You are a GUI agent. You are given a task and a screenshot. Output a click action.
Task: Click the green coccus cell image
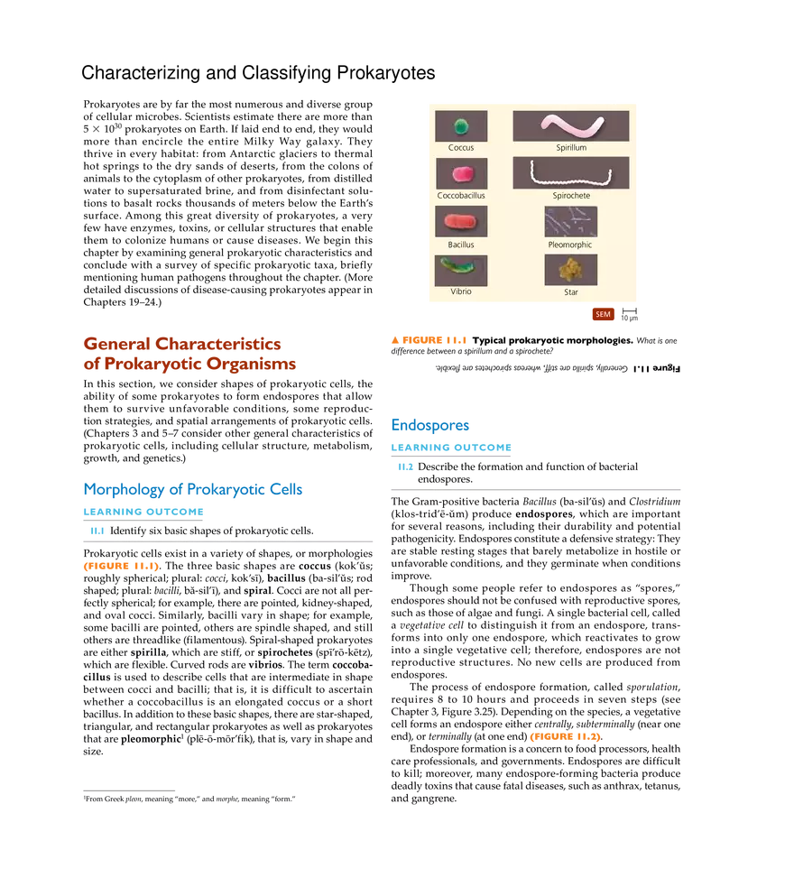pos(461,126)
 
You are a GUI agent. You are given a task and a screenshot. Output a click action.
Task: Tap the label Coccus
pos(461,148)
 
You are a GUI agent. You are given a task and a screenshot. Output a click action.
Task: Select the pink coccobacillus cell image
pos(461,173)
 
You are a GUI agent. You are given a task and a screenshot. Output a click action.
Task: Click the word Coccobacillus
pos(461,196)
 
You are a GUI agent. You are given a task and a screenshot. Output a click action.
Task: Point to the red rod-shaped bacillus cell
pos(461,221)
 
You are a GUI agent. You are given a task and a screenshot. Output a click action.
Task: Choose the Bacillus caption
pos(461,245)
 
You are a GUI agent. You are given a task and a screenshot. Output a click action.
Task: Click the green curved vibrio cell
pos(461,269)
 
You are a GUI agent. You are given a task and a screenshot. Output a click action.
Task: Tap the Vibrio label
pos(461,292)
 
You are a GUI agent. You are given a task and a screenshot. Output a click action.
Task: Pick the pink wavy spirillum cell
pos(570,125)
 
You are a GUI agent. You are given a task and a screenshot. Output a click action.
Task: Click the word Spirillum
pos(571,148)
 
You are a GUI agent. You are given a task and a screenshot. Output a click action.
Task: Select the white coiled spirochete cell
pos(570,171)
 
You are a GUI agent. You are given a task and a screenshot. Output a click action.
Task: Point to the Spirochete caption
pos(571,196)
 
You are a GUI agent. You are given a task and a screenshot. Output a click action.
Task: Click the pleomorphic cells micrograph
pos(570,221)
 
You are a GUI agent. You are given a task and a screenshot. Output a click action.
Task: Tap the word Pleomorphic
pos(570,245)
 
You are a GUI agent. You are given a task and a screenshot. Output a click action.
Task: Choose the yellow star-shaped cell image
pos(570,269)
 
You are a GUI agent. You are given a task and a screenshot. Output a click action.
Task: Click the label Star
pos(571,292)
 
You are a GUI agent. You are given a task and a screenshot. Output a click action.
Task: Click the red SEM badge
pos(603,315)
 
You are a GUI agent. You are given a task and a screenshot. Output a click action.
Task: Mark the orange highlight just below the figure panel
pos(429,340)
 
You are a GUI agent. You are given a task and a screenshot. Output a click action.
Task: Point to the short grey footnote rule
pos(130,791)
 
